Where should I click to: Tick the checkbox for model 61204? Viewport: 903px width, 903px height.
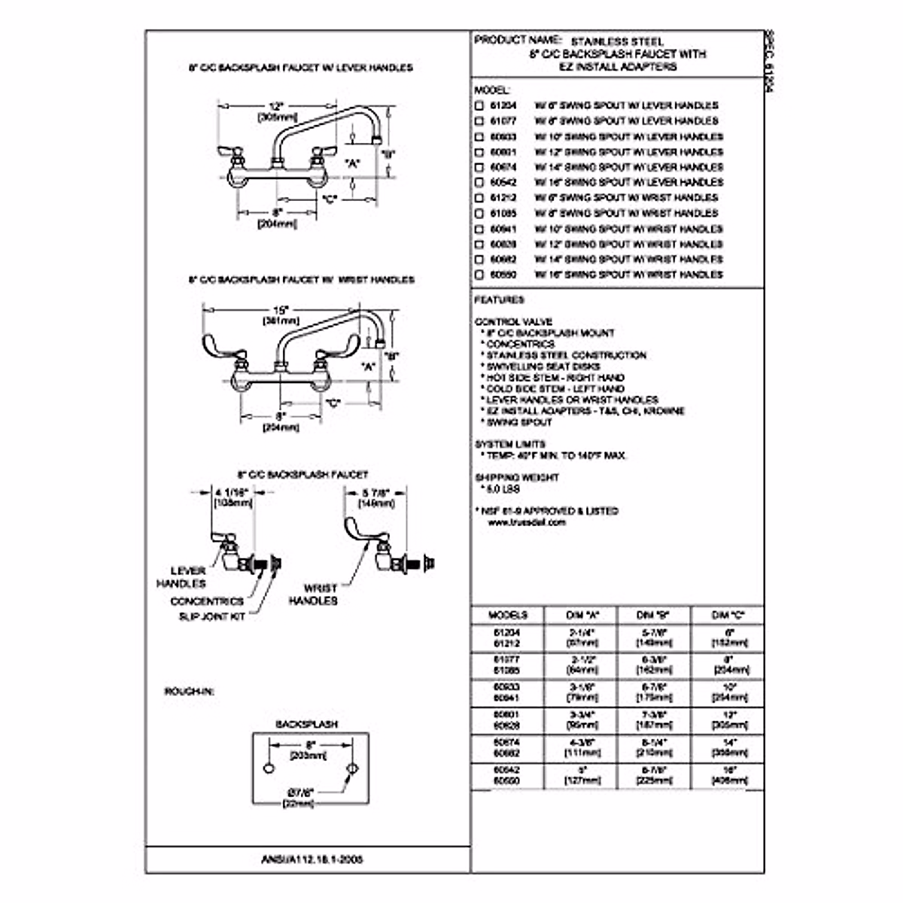pos(479,105)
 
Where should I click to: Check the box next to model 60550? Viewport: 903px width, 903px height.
pos(479,275)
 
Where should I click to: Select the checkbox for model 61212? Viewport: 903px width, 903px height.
pos(479,198)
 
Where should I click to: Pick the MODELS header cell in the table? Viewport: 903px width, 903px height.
pos(508,615)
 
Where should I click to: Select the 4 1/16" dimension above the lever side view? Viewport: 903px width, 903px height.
pos(233,493)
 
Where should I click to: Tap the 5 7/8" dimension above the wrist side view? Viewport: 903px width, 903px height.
pos(376,493)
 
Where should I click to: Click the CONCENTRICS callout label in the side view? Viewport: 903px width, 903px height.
pos(207,601)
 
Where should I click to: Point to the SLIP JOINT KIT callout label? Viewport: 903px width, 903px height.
pos(211,617)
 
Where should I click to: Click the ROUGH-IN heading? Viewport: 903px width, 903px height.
pos(188,691)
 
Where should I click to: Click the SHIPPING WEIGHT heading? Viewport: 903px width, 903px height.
pos(516,477)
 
